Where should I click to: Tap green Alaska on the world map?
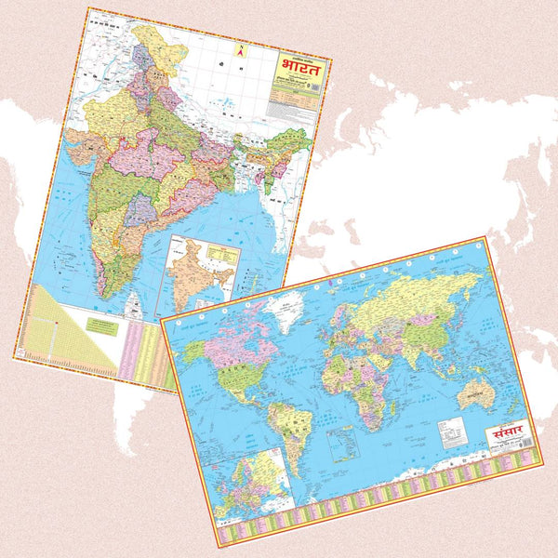point(195,351)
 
